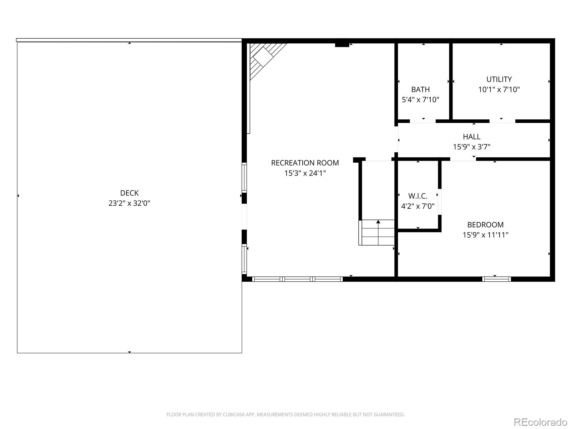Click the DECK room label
pyautogui.click(x=129, y=193)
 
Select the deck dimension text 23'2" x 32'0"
pyautogui.click(x=129, y=203)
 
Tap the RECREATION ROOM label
pyautogui.click(x=305, y=163)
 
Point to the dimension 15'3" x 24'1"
pyautogui.click(x=305, y=173)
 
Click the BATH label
pyautogui.click(x=420, y=89)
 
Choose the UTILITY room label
pyautogui.click(x=499, y=79)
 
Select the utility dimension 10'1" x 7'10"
pyautogui.click(x=499, y=90)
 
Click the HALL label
pyautogui.click(x=471, y=137)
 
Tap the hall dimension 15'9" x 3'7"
pyautogui.click(x=471, y=147)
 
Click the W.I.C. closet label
pyautogui.click(x=418, y=196)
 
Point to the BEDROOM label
pyautogui.click(x=485, y=225)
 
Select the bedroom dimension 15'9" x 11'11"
pyautogui.click(x=485, y=235)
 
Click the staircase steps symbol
pyautogui.click(x=377, y=232)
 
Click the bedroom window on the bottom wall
pyautogui.click(x=496, y=279)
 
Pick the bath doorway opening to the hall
pyautogui.click(x=423, y=121)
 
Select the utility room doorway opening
pyautogui.click(x=502, y=121)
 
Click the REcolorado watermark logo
pyautogui.click(x=540, y=422)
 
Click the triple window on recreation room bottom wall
pyautogui.click(x=297, y=279)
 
